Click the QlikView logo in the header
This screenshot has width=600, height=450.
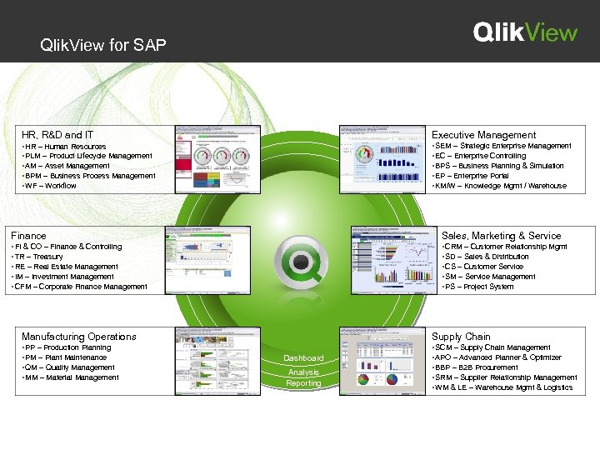coord(525,32)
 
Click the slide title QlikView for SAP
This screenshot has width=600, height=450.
coord(102,45)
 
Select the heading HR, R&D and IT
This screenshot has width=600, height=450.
coord(57,134)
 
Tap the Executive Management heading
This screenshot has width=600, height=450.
coord(483,134)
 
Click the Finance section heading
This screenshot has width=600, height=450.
coord(28,236)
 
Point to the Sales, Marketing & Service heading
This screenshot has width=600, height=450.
coord(501,236)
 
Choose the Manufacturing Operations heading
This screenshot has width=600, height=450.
coord(78,337)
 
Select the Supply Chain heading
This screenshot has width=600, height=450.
coord(461,337)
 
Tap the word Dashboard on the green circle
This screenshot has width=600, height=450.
coord(303,358)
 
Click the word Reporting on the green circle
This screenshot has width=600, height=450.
coord(303,383)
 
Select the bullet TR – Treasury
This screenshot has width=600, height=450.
coord(37,257)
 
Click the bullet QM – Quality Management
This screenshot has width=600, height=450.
coord(70,367)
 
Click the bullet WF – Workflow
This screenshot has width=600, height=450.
coord(51,185)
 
